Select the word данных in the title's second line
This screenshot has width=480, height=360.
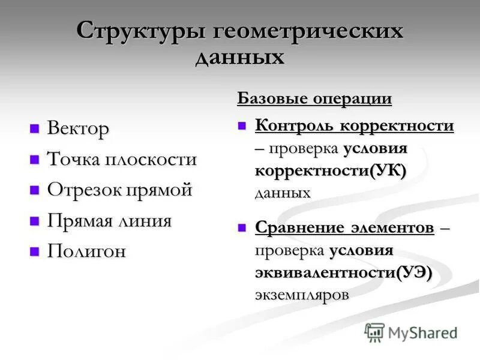[240, 58]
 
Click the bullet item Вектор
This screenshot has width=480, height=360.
[78, 129]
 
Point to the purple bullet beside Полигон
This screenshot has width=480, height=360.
[35, 251]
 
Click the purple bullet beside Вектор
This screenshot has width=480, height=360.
[35, 128]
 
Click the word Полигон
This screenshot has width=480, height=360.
[86, 251]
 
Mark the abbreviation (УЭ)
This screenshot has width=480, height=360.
[413, 272]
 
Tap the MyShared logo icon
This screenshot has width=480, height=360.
[374, 332]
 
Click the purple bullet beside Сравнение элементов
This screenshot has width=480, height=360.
[242, 228]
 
